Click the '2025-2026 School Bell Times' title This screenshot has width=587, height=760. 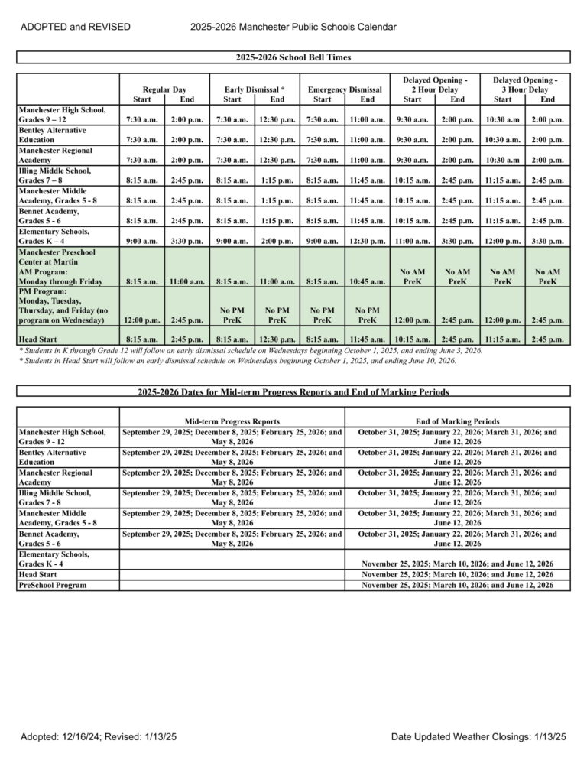point(293,57)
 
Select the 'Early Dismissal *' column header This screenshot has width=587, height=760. point(255,89)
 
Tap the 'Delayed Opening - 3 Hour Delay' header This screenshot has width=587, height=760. point(525,85)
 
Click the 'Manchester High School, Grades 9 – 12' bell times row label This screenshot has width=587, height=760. point(54,115)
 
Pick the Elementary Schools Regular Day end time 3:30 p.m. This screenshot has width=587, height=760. point(186,241)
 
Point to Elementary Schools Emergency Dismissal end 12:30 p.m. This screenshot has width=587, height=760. point(367,241)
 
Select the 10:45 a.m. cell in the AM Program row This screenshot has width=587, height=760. point(367,281)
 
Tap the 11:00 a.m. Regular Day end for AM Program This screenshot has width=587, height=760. point(186,281)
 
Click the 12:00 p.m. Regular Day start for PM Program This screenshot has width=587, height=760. point(141,320)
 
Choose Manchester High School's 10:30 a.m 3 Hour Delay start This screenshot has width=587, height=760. point(502,120)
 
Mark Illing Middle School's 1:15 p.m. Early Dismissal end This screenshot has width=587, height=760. point(277,181)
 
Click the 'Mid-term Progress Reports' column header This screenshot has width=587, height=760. point(232,421)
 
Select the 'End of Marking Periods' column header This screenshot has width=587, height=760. point(457,421)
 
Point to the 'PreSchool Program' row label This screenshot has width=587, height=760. point(53,585)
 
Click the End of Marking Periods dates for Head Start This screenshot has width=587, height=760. point(457,574)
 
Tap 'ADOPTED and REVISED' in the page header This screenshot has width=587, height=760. point(76,28)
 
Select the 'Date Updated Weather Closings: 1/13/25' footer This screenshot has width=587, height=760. point(478,737)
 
